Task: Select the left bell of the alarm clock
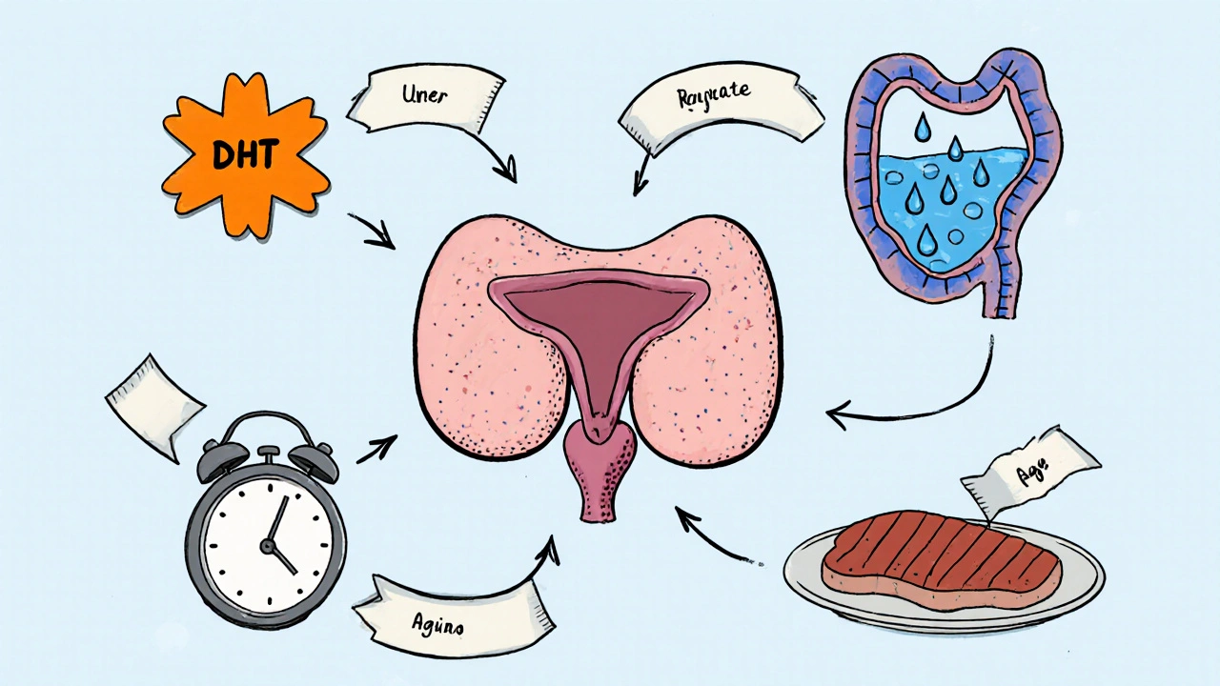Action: pos(217,458)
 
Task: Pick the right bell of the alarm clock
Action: pos(314,458)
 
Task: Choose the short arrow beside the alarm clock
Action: pos(376,448)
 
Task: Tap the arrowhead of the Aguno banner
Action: pos(550,545)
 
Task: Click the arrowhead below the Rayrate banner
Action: pos(638,186)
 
